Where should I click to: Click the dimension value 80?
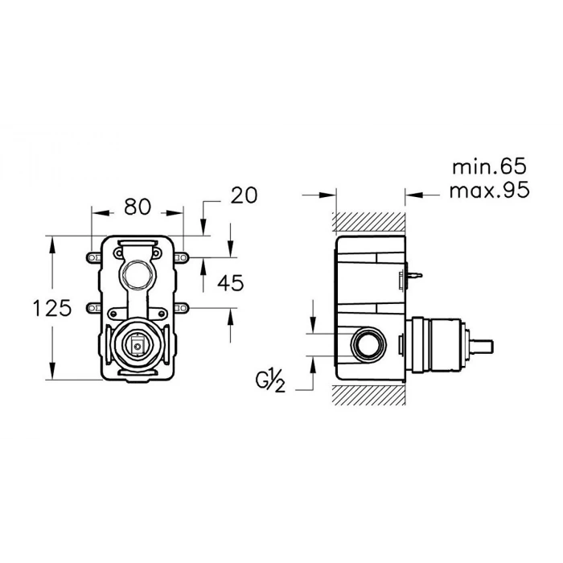pos(138,207)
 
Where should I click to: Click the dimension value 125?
pos(52,308)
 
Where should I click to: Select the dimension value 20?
pos(244,195)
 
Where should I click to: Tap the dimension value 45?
pos(231,283)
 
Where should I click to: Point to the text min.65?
pos(489,166)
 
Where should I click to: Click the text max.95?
pos(489,190)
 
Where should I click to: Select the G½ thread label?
pos(270,382)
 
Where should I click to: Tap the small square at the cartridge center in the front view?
pos(138,347)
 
